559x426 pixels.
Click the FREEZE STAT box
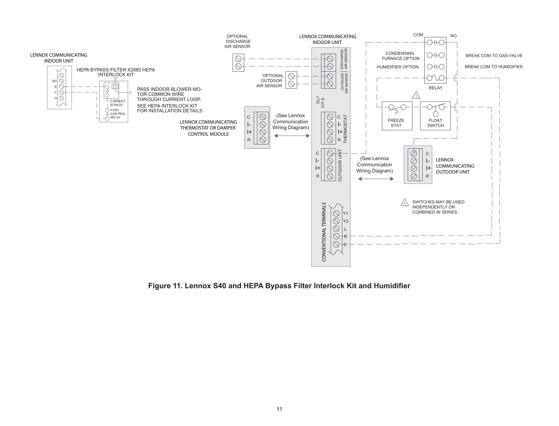[397, 116]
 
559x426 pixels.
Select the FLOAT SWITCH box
[435, 116]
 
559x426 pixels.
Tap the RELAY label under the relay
[435, 88]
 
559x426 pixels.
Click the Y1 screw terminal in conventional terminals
[336, 213]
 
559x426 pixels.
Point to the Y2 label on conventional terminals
[345, 221]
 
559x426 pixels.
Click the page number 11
[279, 409]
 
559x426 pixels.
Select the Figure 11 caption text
[279, 286]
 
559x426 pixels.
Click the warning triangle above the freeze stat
[416, 95]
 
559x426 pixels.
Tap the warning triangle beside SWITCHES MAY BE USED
[405, 203]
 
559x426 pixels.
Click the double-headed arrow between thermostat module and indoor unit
[292, 136]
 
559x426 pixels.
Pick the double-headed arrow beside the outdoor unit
[376, 179]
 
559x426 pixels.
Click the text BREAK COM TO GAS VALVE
[494, 56]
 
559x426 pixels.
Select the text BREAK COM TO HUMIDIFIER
[494, 67]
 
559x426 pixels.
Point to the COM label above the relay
[418, 35]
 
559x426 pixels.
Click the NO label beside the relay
[453, 36]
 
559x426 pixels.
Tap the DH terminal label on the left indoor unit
[54, 81]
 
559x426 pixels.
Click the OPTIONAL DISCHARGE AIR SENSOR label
[238, 41]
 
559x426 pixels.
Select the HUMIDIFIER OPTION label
[398, 67]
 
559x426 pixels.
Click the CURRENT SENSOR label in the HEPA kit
[117, 103]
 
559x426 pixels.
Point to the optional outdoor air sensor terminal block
[291, 80]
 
